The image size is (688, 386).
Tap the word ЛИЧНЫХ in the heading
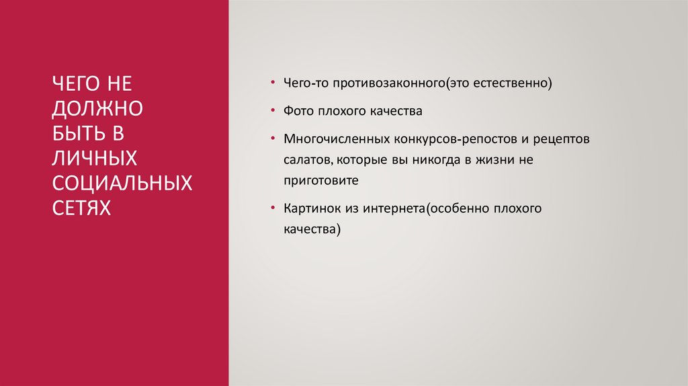[95, 157]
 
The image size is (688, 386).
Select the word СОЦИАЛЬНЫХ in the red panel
[122, 182]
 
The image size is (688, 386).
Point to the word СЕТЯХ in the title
[81, 206]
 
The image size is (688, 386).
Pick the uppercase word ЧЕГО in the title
[75, 85]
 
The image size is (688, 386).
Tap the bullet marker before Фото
[272, 110]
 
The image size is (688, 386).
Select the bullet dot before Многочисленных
[272, 138]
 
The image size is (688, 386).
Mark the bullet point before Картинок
[272, 208]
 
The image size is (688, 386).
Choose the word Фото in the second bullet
[298, 110]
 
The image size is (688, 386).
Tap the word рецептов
[561, 139]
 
